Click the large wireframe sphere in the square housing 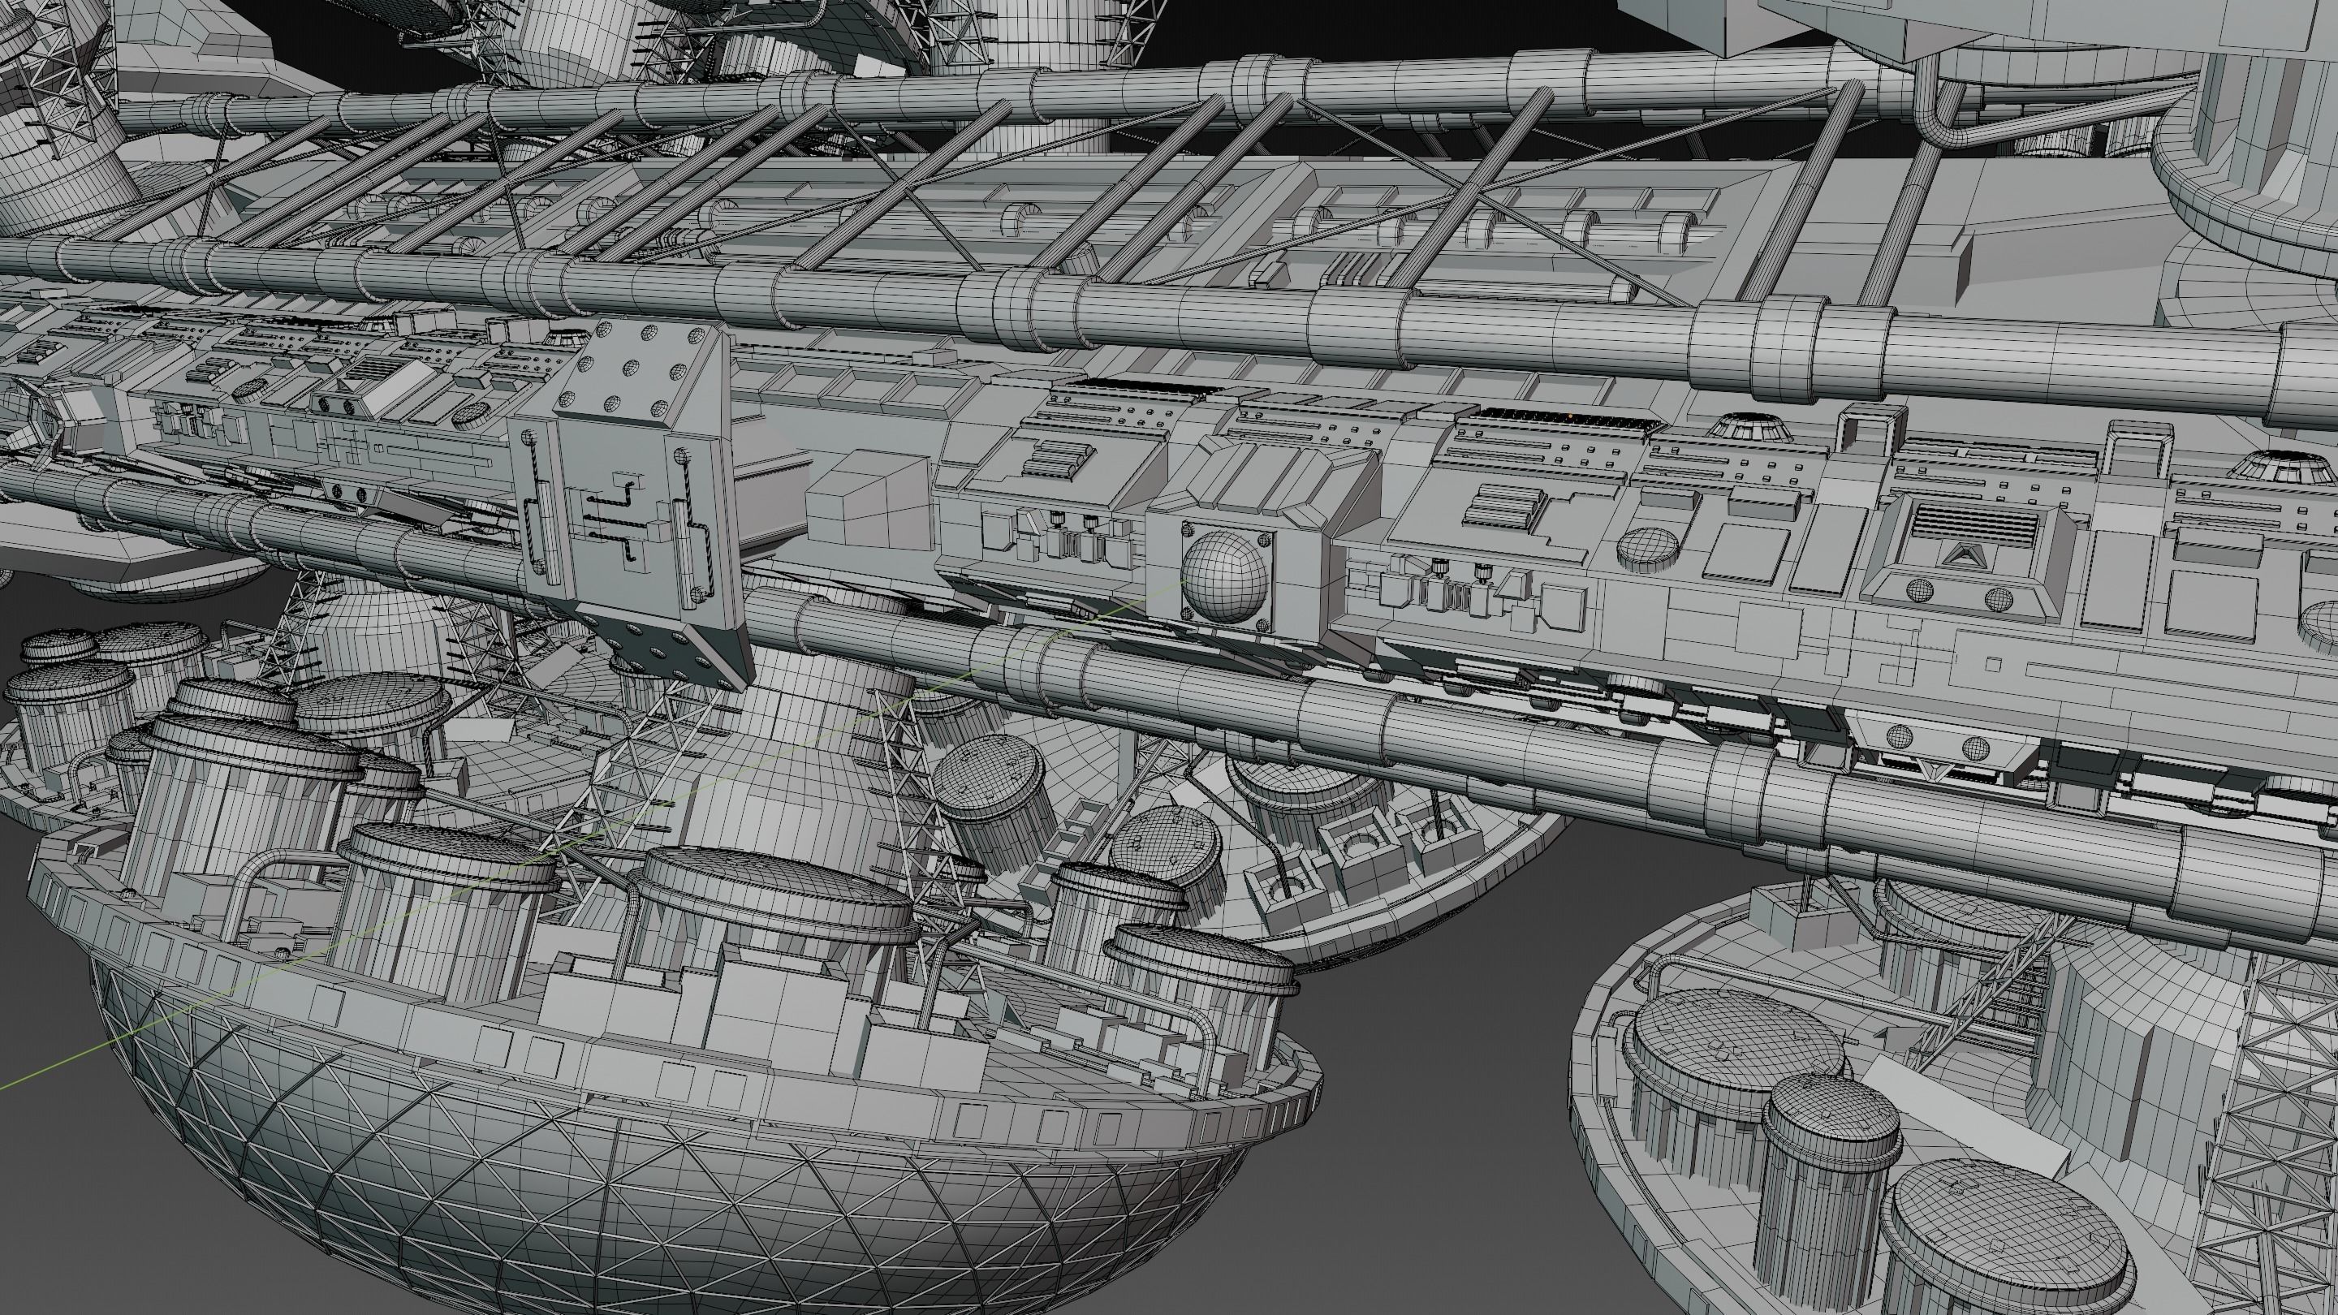click(x=1224, y=576)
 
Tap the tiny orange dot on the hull click(x=1570, y=416)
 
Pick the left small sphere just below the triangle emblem click(x=1920, y=591)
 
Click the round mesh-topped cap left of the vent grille click(x=1648, y=545)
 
